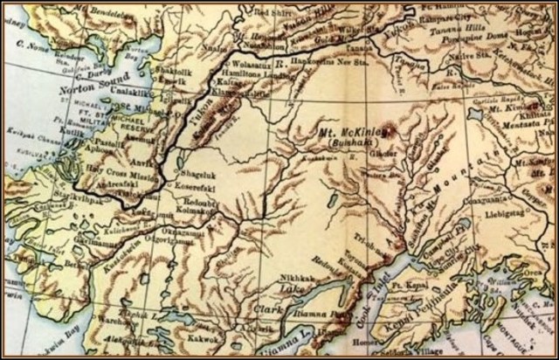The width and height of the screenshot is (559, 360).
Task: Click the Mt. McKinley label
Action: pyautogui.click(x=345, y=134)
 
